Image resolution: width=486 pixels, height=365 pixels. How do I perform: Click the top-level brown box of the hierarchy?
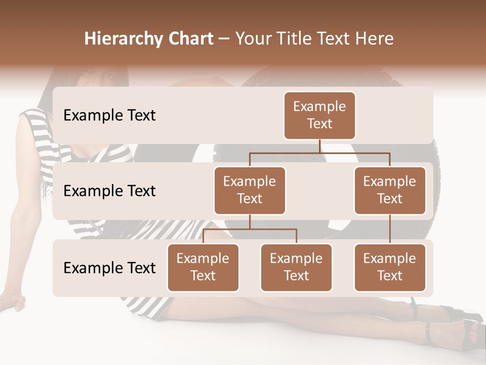coord(319,116)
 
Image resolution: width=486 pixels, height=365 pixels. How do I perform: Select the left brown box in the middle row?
coord(250,191)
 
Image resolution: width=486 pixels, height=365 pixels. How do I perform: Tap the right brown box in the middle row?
coord(390,191)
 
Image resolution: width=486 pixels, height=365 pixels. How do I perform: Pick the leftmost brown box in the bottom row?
coord(203,268)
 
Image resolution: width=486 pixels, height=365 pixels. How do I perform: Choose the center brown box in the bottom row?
coord(296,268)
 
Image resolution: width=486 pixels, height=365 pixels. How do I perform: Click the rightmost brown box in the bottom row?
coord(390,268)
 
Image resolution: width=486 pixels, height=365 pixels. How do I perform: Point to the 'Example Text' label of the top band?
coord(109,116)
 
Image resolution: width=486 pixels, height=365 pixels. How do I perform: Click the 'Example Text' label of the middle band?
coord(109,191)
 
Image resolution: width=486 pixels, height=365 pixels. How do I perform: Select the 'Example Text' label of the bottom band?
coord(109,268)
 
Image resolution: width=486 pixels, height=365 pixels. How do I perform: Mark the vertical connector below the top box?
coord(319,146)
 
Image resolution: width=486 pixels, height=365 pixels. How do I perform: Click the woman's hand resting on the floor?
coord(12,301)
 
